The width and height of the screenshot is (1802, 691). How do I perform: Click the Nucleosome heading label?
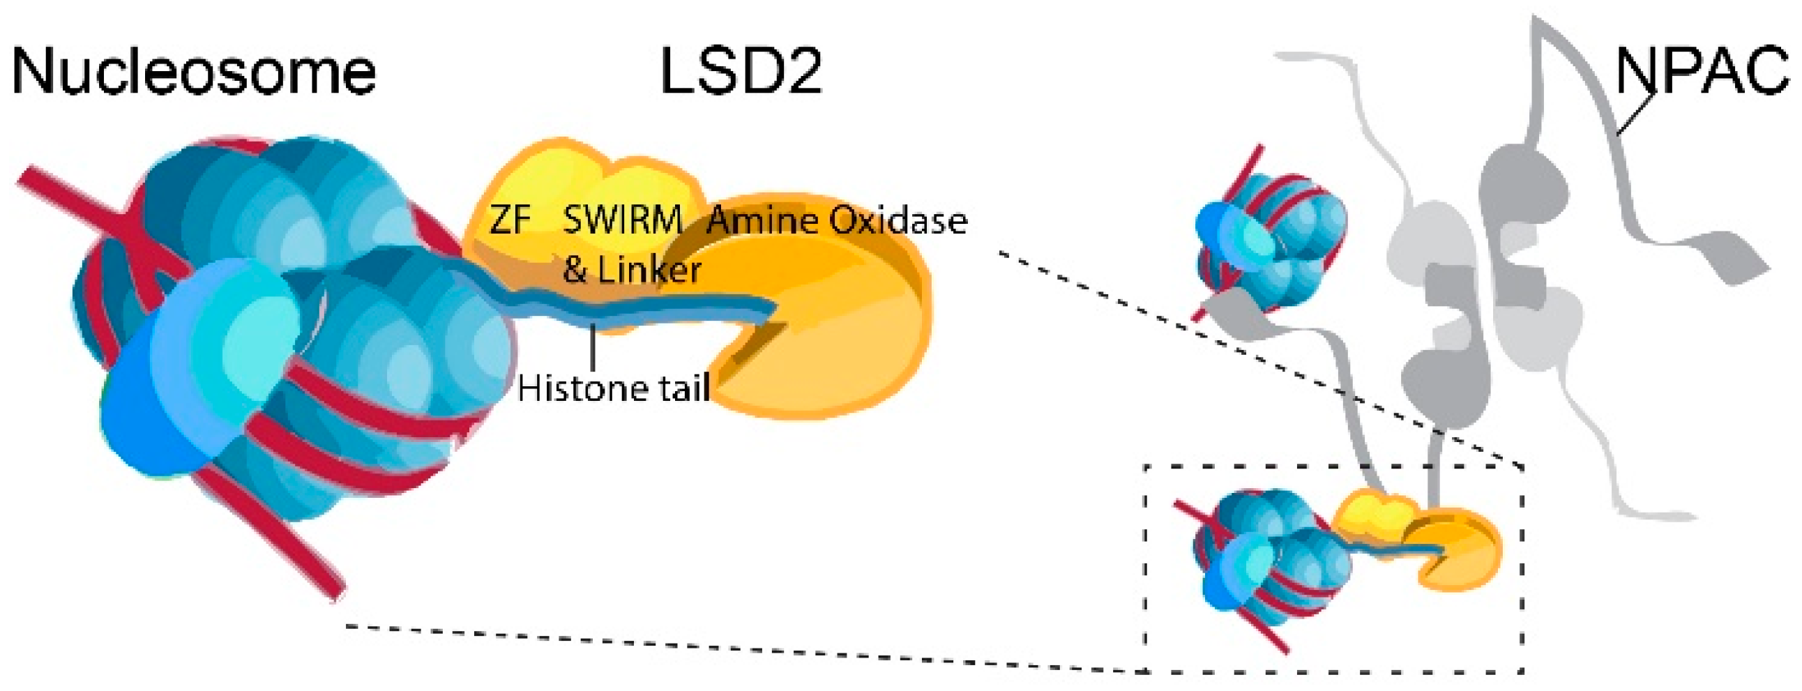(x=194, y=72)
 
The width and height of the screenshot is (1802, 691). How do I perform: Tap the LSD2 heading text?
(x=741, y=72)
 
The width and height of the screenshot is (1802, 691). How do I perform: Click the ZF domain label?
(x=510, y=220)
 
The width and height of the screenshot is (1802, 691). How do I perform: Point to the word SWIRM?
(x=622, y=220)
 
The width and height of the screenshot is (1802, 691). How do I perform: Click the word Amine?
(x=762, y=221)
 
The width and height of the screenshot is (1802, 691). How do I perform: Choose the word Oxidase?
(x=898, y=221)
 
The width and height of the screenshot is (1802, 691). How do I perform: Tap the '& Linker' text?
(x=632, y=270)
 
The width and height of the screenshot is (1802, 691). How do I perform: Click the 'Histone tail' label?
(x=614, y=388)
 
